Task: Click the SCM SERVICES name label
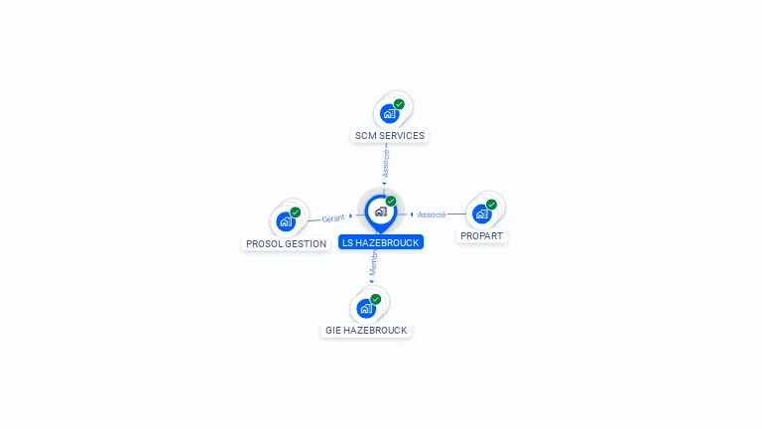click(390, 135)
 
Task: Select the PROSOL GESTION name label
click(286, 243)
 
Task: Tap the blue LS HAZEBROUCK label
click(381, 242)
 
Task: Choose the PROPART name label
click(482, 236)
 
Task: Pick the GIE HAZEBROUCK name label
click(366, 330)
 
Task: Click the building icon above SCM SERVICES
click(389, 113)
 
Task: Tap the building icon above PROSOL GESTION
click(286, 221)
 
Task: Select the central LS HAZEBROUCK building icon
click(380, 212)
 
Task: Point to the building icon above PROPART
click(481, 214)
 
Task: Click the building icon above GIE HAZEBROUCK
click(366, 308)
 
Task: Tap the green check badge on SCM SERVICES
click(399, 104)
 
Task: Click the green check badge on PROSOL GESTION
click(296, 213)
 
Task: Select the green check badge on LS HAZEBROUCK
click(391, 202)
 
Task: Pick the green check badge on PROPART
click(491, 205)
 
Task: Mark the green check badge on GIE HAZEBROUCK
click(376, 299)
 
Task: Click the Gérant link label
click(333, 218)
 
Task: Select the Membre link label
click(374, 263)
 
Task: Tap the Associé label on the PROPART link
click(432, 214)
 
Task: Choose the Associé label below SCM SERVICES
click(386, 162)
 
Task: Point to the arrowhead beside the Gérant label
click(351, 216)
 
